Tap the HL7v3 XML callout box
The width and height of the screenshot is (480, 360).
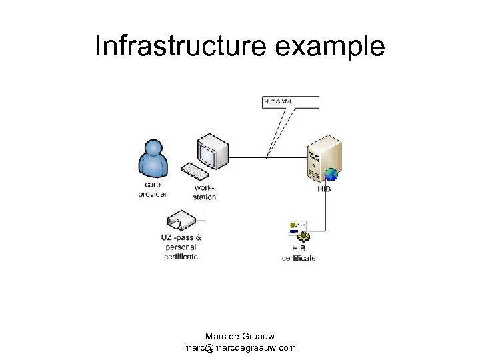point(291,102)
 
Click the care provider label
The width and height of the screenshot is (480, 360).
point(152,189)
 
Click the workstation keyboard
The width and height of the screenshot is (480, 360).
point(196,171)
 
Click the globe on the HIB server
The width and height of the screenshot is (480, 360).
point(331,175)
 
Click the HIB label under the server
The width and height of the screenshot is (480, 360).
point(325,189)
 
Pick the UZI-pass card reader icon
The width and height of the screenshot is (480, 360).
point(181,221)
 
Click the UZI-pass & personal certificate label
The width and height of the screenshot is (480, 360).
point(181,247)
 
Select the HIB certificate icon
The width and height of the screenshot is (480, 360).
point(299,231)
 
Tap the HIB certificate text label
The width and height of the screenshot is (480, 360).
point(299,253)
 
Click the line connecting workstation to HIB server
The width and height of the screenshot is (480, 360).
point(267,158)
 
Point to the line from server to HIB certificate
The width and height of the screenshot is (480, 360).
point(325,213)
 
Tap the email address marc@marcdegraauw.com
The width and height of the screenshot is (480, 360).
point(239,347)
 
